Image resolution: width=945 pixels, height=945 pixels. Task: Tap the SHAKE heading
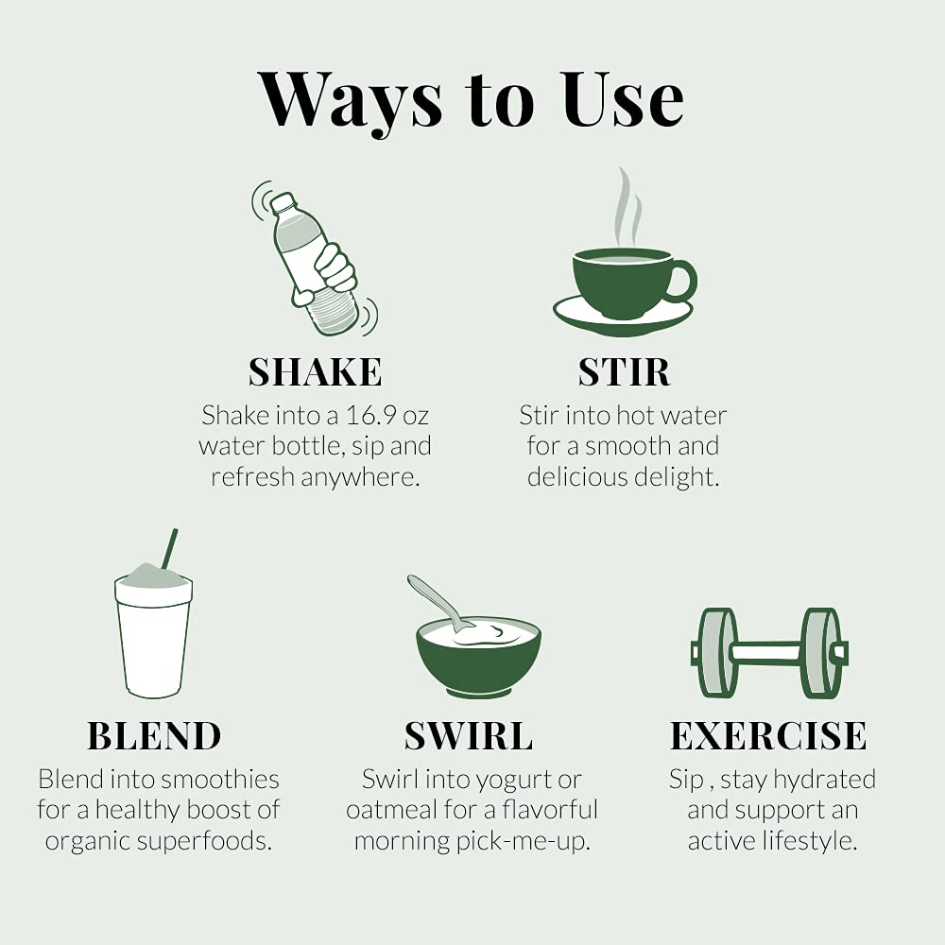click(x=316, y=371)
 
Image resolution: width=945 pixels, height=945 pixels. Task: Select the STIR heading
click(x=624, y=371)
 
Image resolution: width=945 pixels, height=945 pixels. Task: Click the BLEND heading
click(x=154, y=736)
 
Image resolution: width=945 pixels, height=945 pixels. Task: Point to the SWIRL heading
click(x=469, y=736)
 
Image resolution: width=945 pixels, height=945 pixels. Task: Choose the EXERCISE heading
click(x=768, y=736)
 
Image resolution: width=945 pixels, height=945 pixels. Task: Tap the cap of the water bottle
click(x=282, y=202)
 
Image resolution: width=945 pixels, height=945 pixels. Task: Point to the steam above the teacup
click(x=627, y=207)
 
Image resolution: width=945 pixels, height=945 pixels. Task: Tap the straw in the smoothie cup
click(x=169, y=548)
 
